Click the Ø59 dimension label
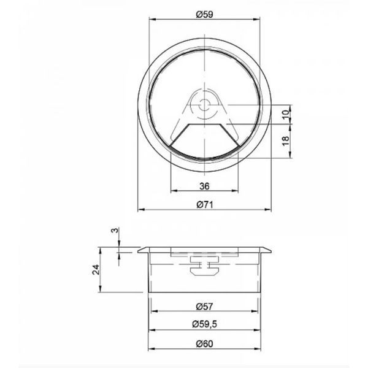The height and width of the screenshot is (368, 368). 205,15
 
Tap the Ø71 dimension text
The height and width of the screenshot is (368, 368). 205,205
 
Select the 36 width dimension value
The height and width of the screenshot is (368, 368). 204,186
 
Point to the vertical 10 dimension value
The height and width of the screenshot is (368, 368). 286,114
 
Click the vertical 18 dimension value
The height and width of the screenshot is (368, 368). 286,140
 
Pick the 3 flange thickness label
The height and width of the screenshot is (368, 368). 115,231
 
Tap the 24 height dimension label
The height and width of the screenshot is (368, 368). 96,269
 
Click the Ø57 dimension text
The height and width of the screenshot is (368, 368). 205,306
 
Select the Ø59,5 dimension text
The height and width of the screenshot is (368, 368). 205,324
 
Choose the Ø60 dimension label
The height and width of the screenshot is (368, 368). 205,344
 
